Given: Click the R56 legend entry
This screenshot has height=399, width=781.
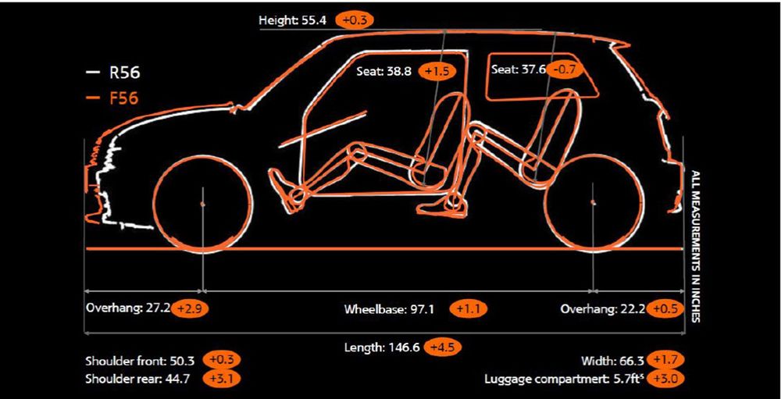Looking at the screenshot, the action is coord(113,73).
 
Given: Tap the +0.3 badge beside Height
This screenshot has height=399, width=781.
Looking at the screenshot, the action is coord(354,20).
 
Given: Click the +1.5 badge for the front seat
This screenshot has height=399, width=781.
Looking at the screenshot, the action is coord(437,71).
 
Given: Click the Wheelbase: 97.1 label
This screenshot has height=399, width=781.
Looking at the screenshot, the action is coord(389,309).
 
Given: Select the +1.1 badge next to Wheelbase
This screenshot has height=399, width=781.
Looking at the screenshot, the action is coord(468,309).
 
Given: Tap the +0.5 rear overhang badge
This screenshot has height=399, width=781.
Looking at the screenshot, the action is coord(665,309).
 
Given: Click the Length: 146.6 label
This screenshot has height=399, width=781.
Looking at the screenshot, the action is coord(382,347).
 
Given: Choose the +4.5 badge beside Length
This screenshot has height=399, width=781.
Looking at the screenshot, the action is coord(442,347).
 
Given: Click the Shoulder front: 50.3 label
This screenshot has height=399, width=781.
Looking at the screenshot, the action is coord(140,361).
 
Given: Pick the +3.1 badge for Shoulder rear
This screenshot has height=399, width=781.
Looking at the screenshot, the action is coord(222,379).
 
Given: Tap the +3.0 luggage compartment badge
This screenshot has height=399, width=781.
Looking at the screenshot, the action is coord(666,379).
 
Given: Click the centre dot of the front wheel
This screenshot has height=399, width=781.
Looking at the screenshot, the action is coord(202,204).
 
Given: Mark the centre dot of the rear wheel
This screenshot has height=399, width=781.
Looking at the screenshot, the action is coord(593,202).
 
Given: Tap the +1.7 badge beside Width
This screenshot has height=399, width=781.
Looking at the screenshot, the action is coord(666,360).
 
